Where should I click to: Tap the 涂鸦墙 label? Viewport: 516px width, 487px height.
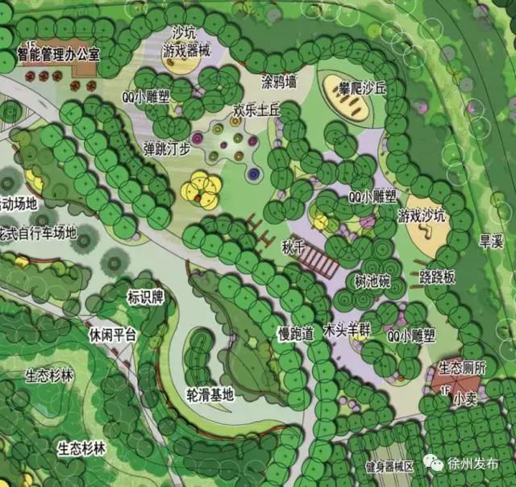(x=280, y=82)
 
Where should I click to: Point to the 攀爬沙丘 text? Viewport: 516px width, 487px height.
(x=363, y=87)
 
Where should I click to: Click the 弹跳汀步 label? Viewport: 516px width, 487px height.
(x=167, y=148)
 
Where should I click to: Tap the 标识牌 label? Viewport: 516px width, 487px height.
(x=145, y=298)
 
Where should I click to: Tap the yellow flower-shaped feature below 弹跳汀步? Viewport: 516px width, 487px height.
(x=201, y=189)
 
